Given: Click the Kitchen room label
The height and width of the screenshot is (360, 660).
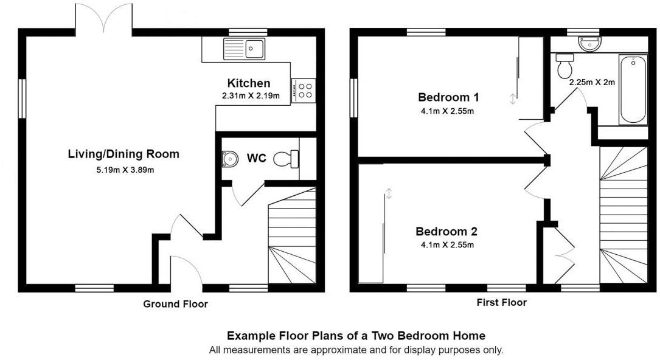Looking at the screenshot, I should point(248,83).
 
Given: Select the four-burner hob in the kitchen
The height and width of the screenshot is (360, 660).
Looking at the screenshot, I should point(305,90).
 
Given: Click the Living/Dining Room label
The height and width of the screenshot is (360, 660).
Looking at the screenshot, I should point(123,154).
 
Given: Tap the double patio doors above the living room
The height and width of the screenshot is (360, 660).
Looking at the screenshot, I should point(104,18).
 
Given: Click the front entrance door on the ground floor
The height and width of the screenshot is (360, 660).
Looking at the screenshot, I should point(186,271).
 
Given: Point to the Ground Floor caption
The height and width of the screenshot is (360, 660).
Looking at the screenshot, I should point(175,304).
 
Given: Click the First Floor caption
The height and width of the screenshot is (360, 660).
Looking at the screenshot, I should point(502,302).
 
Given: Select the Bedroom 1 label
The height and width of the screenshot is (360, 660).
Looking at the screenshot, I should point(448,97).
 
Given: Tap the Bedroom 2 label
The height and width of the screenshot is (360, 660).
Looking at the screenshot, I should point(446,232).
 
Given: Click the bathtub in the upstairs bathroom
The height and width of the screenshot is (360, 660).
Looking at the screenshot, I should point(633,90).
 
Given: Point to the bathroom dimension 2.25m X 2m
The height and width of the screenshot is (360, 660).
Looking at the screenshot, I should point(591,82).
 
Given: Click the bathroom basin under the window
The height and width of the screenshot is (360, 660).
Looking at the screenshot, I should point(589,43).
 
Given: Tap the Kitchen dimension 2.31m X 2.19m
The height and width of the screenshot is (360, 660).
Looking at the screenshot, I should point(250,95).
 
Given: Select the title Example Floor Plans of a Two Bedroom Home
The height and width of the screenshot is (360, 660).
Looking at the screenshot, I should point(356,335).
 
